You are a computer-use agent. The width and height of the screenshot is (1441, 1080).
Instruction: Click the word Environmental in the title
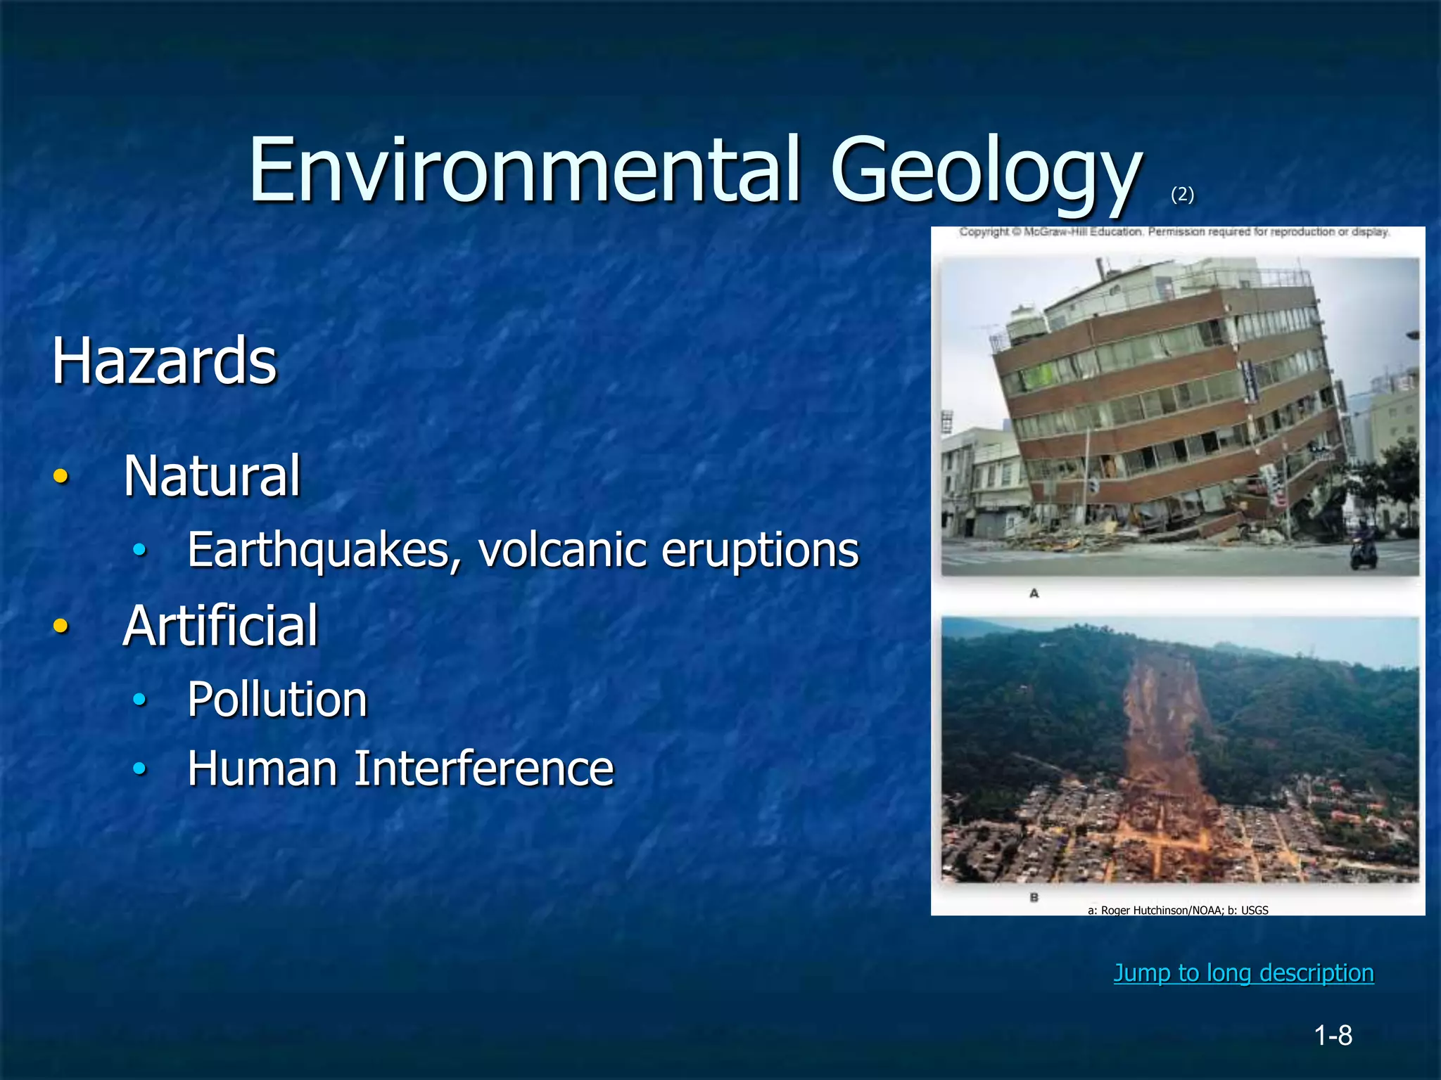click(524, 171)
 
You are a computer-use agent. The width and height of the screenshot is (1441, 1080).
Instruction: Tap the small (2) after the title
click(1182, 194)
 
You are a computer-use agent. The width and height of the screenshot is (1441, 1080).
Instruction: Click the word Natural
click(212, 476)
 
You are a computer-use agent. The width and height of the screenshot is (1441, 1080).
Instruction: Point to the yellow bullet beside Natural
click(61, 476)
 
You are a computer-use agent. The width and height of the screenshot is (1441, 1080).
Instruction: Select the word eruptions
click(760, 550)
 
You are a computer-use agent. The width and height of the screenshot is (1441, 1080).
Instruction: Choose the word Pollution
click(277, 700)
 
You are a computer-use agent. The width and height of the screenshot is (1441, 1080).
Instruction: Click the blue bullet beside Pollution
click(140, 699)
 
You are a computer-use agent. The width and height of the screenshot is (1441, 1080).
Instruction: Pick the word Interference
click(483, 769)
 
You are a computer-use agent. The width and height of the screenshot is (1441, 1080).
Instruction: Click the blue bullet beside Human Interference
click(140, 769)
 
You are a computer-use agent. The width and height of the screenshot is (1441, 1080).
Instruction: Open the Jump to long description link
click(1243, 972)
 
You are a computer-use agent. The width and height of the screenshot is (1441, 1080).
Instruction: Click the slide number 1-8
click(1333, 1036)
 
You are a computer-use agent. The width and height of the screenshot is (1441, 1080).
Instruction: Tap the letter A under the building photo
click(1034, 593)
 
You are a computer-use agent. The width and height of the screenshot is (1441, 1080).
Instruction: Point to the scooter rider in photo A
click(1364, 545)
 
